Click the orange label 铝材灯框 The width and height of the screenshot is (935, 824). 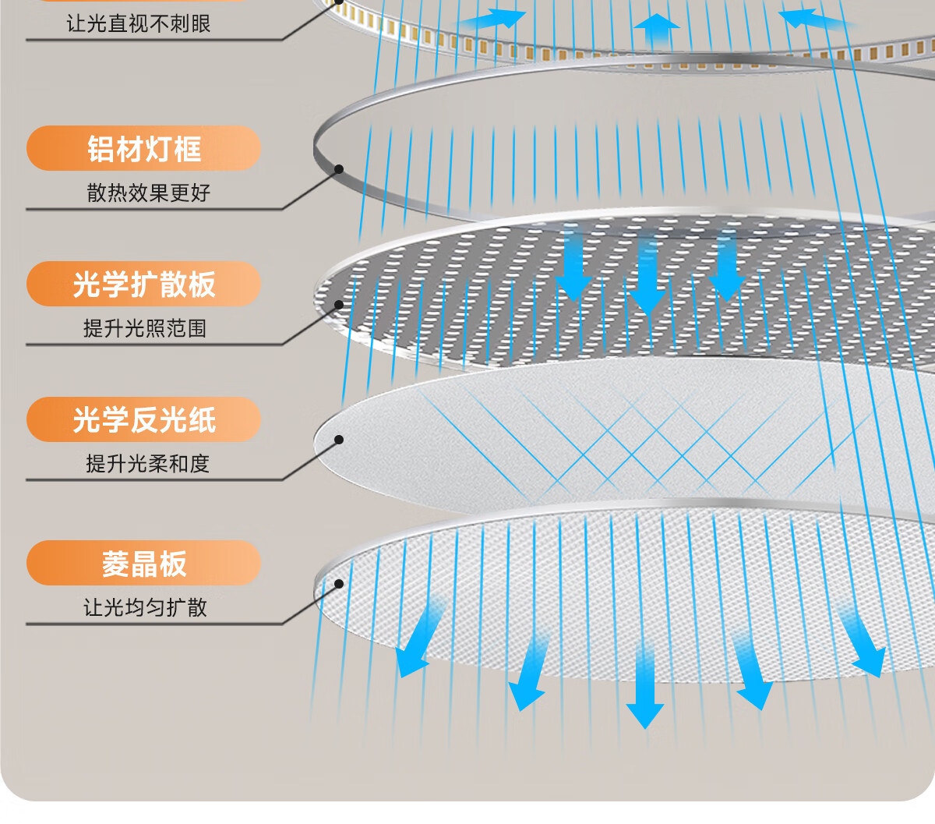[143, 149]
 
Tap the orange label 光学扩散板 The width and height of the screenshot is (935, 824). [143, 285]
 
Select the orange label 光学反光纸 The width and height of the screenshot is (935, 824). [143, 420]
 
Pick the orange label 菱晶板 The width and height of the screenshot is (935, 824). [143, 564]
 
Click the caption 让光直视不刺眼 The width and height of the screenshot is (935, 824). [139, 24]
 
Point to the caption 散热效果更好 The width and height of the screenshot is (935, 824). [148, 193]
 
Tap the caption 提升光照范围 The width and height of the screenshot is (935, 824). [145, 328]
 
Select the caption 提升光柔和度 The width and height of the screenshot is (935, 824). [147, 464]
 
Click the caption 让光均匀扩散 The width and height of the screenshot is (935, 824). [145, 607]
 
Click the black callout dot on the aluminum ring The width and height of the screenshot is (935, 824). [339, 169]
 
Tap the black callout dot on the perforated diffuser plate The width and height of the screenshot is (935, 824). [339, 305]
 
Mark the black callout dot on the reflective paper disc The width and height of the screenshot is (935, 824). [339, 440]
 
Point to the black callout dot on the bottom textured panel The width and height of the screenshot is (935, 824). [339, 583]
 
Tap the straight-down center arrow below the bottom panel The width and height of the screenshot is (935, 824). [644, 690]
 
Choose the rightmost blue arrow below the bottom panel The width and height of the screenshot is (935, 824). [864, 643]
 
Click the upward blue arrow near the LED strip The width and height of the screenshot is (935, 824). [656, 31]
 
